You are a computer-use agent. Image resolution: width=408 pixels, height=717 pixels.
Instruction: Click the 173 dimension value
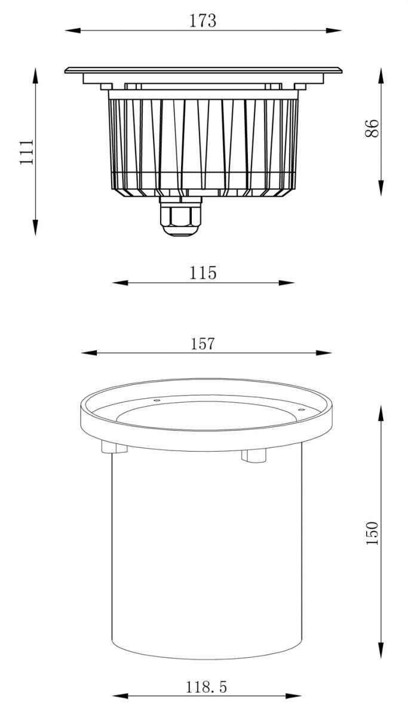[203, 21]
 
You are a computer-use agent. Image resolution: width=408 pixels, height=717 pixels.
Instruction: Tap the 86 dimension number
[372, 128]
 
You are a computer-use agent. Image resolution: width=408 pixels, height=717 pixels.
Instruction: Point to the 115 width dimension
[203, 273]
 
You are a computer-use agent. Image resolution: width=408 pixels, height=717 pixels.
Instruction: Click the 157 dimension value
[203, 344]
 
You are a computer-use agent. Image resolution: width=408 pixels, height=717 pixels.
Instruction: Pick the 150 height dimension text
[372, 532]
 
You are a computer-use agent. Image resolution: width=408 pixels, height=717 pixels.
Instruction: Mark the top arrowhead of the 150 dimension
[380, 413]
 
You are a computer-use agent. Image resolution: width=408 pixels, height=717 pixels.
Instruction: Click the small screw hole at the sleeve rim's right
[301, 410]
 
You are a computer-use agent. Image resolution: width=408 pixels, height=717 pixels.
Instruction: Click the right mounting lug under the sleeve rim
[253, 455]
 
